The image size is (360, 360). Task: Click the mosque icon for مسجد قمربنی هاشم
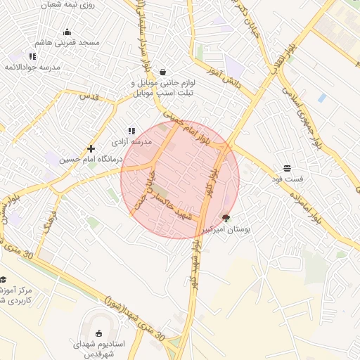pyautogui.click(x=67, y=32)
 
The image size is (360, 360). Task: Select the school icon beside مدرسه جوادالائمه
pyautogui.click(x=32, y=56)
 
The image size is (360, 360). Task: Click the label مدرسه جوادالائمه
pyautogui.click(x=33, y=67)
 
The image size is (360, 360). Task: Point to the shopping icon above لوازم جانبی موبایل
pyautogui.click(x=163, y=72)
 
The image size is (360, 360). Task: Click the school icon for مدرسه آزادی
pyautogui.click(x=131, y=131)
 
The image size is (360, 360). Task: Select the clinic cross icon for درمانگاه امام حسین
pyautogui.click(x=91, y=148)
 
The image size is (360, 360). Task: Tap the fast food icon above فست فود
pyautogui.click(x=287, y=168)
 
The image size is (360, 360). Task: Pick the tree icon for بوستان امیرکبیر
pyautogui.click(x=226, y=218)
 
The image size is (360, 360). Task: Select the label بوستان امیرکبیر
pyautogui.click(x=226, y=229)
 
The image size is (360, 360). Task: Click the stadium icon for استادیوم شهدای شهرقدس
pyautogui.click(x=98, y=333)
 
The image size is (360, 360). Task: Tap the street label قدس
pyautogui.click(x=88, y=95)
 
